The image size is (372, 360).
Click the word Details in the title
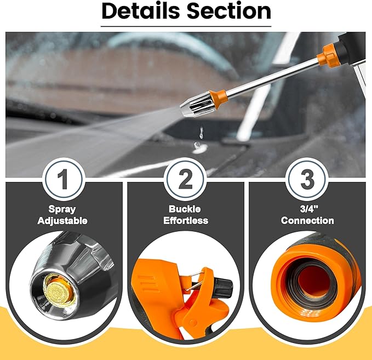(141, 11)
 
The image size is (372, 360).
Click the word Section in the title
(228, 11)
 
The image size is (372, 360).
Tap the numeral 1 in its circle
(63, 179)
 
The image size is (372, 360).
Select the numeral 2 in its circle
(185, 179)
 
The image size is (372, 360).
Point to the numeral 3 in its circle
(307, 179)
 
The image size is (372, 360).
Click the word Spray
(62, 209)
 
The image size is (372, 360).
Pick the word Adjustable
(62, 221)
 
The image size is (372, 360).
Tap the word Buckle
(185, 209)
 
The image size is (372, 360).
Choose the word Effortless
(186, 220)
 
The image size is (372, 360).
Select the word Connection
(307, 220)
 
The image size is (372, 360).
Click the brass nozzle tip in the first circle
(56, 289)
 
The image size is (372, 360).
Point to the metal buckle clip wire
(194, 281)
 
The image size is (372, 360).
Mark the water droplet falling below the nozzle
(202, 133)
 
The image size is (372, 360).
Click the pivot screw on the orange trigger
(193, 323)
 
